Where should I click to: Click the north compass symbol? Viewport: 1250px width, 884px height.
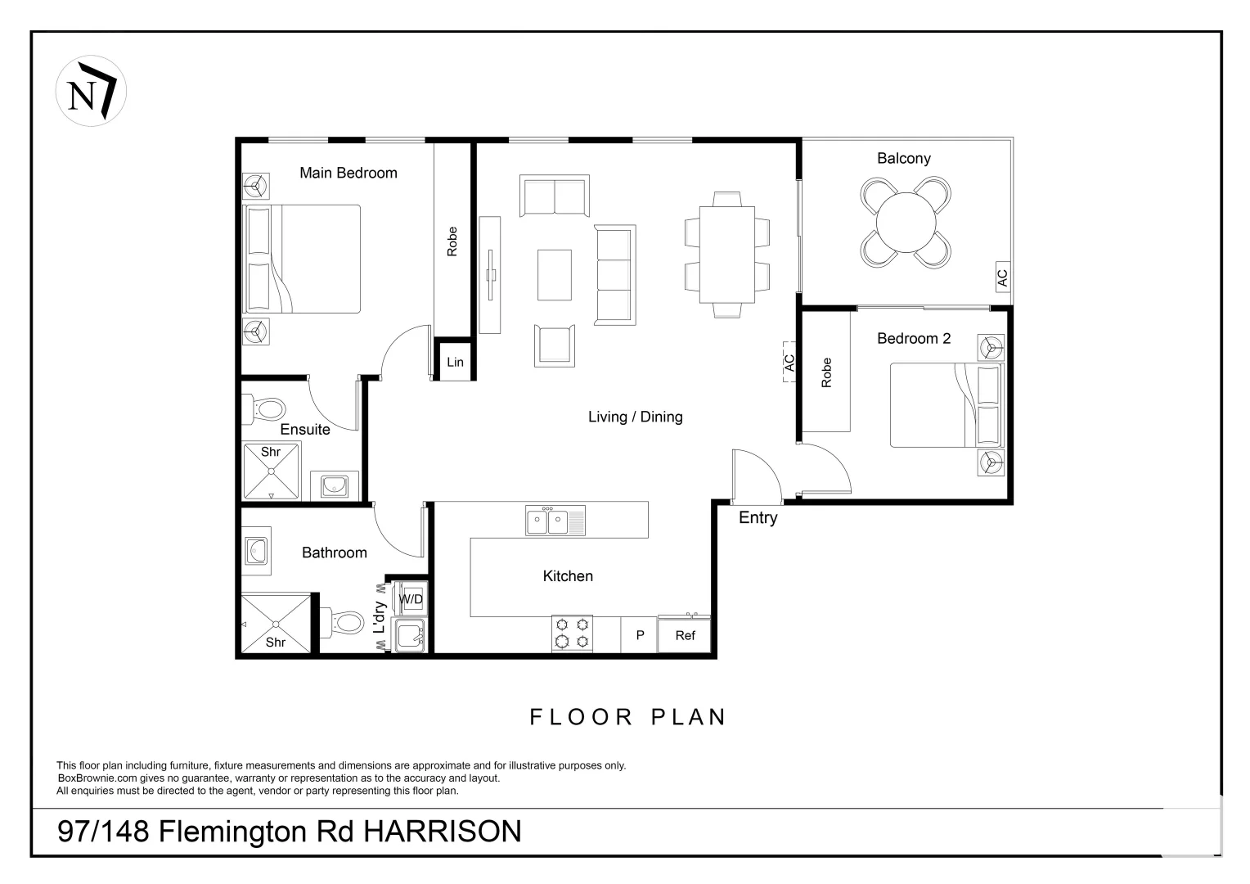91,92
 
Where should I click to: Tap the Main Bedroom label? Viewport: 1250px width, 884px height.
348,173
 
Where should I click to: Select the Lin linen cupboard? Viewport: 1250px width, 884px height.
455,362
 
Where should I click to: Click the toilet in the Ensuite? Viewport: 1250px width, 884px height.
263,408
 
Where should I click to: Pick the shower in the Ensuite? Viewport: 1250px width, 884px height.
271,471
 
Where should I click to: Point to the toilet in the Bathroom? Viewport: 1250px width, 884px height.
343,622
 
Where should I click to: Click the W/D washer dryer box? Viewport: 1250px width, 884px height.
411,600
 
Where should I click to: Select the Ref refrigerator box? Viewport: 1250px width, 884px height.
685,635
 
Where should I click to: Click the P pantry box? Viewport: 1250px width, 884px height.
640,635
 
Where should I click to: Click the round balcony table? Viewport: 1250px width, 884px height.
906,222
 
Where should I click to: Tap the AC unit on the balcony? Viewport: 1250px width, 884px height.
1002,277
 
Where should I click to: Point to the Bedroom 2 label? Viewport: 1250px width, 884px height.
913,338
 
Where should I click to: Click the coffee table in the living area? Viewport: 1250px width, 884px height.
555,275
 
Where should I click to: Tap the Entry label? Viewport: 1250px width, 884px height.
758,517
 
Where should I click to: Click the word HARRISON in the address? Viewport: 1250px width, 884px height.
442,832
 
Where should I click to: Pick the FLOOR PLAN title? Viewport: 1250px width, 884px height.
627,717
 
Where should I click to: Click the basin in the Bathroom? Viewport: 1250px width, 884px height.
256,551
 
